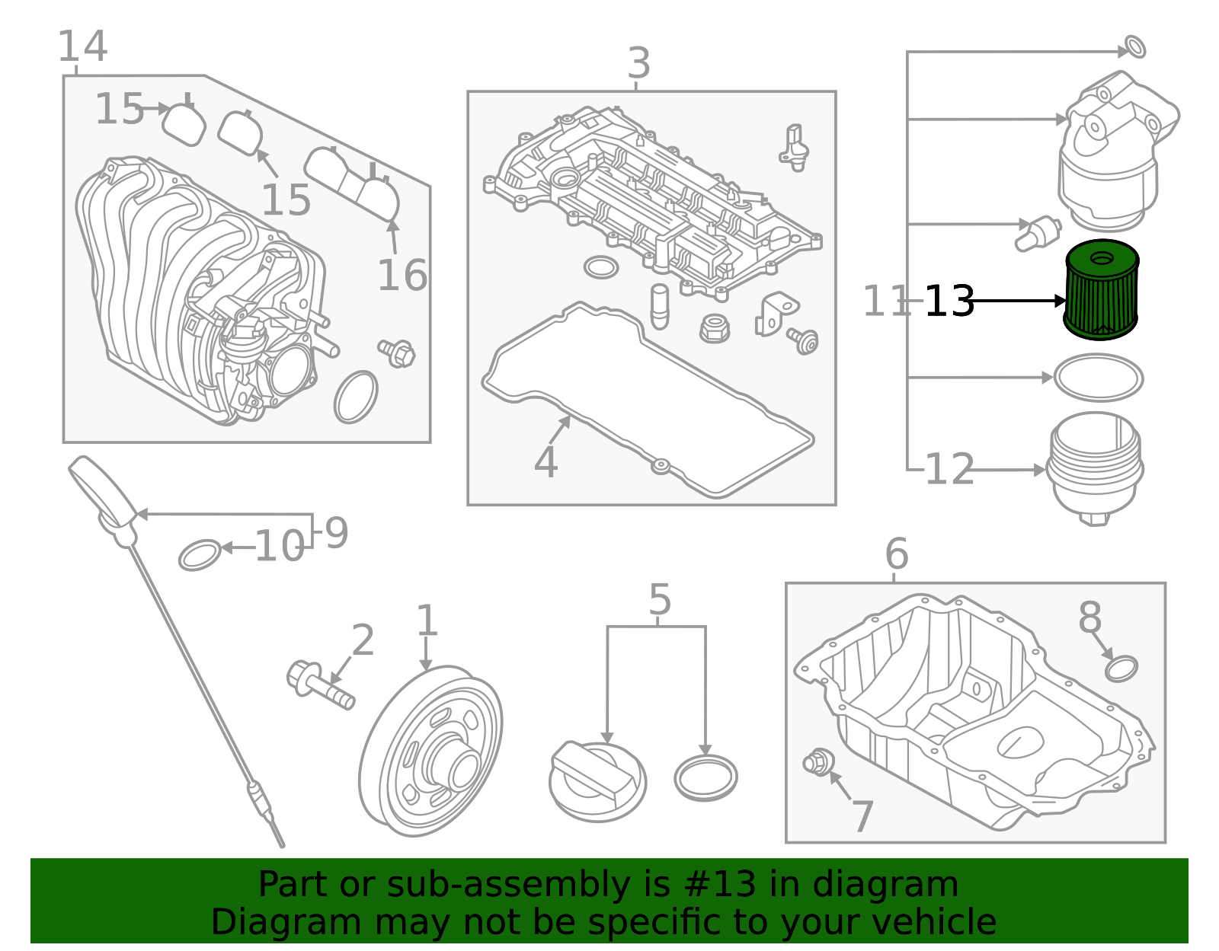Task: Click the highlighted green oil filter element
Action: coord(1101,291)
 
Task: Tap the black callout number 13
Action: coord(949,302)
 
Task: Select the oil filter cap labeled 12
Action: coord(1095,466)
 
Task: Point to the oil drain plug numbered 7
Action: coord(818,761)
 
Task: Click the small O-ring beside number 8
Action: coord(1121,669)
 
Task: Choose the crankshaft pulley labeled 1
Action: coord(430,752)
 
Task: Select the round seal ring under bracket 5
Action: coord(705,777)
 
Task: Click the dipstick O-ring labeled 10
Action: coord(200,555)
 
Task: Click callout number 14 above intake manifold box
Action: coord(82,47)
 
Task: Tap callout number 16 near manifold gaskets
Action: coord(402,276)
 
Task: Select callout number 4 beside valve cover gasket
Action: coord(546,462)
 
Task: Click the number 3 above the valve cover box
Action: coord(638,63)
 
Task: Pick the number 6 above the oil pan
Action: coord(896,554)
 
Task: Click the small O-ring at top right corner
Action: coord(1135,46)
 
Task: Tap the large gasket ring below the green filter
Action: coord(1098,378)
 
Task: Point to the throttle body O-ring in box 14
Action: coord(356,397)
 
